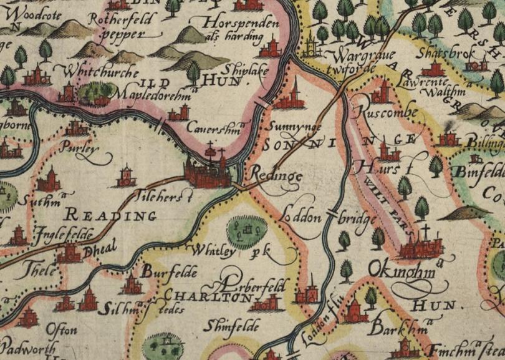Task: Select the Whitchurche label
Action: point(100,72)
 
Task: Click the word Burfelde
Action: point(169,272)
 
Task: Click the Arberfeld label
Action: point(249,286)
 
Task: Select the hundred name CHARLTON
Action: point(206,298)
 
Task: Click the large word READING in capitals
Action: point(111,216)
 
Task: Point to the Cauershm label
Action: point(212,128)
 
